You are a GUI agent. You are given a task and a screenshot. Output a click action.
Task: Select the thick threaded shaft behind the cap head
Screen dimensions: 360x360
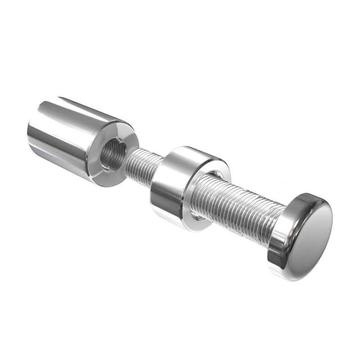tap(238, 207)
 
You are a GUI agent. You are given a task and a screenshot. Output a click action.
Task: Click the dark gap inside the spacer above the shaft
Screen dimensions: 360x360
tap(211, 173)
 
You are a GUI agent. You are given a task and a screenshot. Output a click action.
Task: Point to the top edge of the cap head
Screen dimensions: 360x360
tap(310, 196)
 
